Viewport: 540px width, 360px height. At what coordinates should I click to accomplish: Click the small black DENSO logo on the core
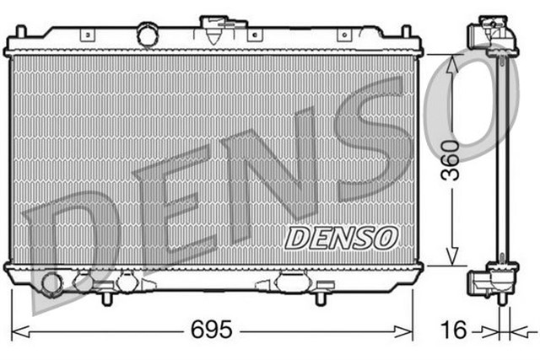(x=341, y=238)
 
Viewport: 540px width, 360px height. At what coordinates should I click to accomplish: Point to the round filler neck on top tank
(x=148, y=35)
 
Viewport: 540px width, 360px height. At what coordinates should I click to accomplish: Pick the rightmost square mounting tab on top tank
(x=344, y=35)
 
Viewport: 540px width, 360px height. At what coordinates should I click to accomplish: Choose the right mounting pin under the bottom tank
(x=320, y=298)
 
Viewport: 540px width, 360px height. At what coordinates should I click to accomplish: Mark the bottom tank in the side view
(x=495, y=280)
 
